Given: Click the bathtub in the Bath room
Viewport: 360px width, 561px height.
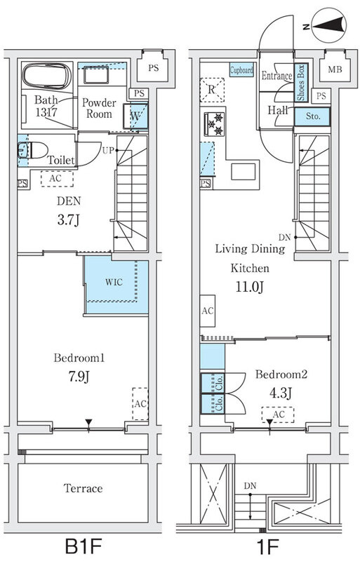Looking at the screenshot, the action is [x=47, y=76].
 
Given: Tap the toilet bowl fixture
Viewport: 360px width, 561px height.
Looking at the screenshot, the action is [x=33, y=150].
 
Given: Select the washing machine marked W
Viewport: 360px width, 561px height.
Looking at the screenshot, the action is [x=135, y=116].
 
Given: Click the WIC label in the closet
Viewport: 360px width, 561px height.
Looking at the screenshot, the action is [x=114, y=282].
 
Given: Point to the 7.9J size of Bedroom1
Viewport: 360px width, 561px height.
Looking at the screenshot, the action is [x=79, y=377].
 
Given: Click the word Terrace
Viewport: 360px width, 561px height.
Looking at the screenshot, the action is [x=83, y=488].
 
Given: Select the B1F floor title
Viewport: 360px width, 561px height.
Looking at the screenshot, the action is [x=83, y=546].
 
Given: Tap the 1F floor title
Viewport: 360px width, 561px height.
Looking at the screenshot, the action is [x=267, y=546].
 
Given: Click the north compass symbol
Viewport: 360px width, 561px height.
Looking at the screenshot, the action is [x=328, y=25].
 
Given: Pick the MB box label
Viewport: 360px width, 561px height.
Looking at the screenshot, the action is [x=335, y=69].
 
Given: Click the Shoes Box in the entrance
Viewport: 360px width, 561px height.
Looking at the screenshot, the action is [x=301, y=83].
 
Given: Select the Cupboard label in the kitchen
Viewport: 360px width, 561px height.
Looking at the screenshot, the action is [x=242, y=70].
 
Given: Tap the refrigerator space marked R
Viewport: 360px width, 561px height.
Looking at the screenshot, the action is [x=212, y=90].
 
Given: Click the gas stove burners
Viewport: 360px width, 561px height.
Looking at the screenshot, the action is [x=214, y=124].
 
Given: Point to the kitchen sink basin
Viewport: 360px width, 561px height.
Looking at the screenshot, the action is [x=244, y=171].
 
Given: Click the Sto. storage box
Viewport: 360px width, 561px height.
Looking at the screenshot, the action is [x=312, y=116].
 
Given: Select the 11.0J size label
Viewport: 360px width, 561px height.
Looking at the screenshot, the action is [x=250, y=287].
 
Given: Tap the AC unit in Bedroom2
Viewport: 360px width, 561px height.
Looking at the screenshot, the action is [x=278, y=414].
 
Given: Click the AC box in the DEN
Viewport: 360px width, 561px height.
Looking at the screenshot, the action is [x=57, y=178].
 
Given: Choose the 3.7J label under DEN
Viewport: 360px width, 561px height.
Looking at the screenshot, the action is [x=68, y=219].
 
